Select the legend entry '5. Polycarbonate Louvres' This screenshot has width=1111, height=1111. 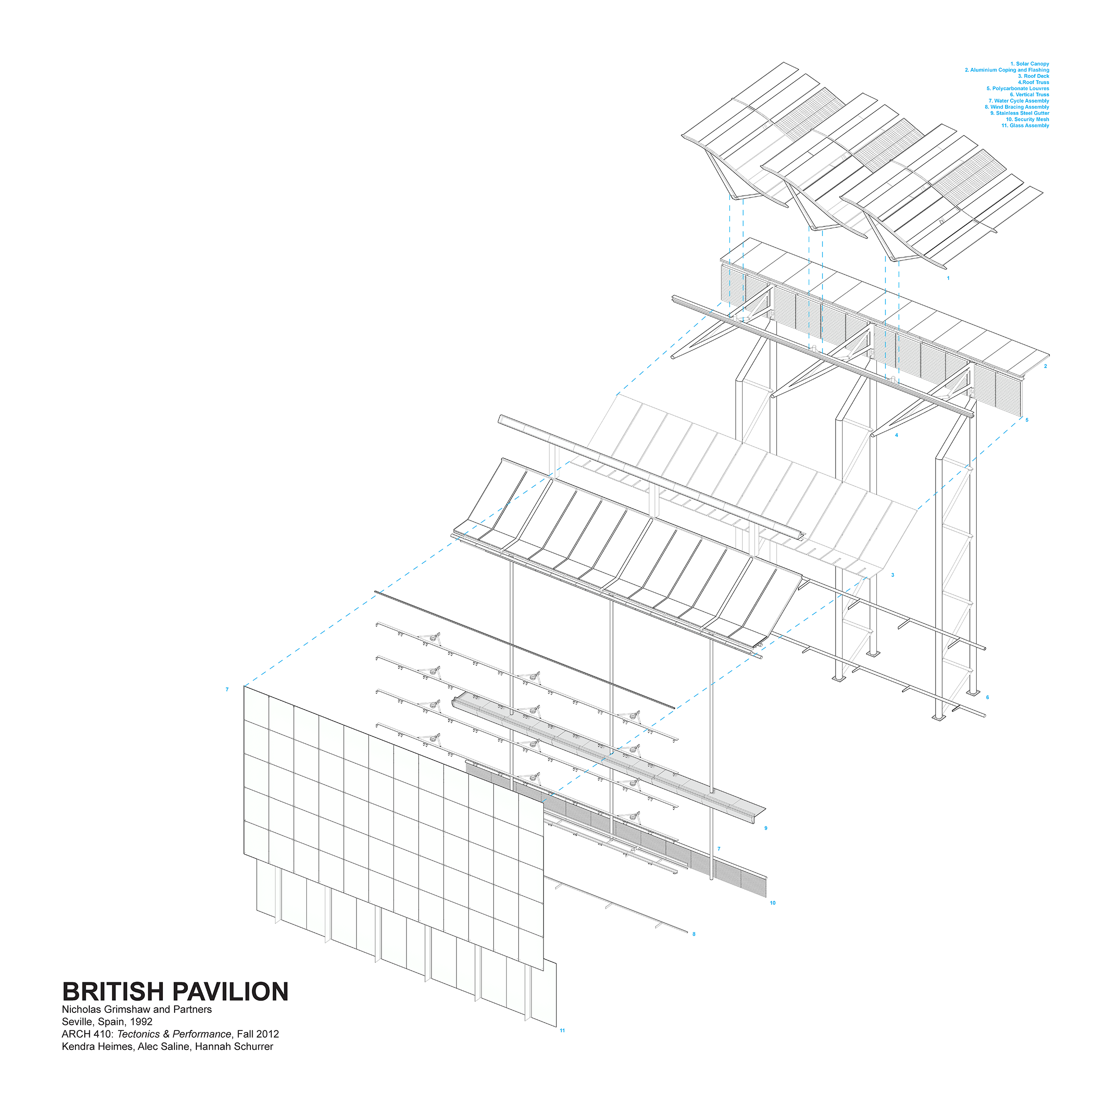click(x=1017, y=88)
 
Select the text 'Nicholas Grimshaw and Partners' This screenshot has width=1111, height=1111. click(x=137, y=1009)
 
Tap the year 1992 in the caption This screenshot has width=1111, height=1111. click(x=142, y=1022)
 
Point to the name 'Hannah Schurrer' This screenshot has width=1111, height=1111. click(x=234, y=1047)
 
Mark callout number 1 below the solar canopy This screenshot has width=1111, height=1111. click(x=948, y=278)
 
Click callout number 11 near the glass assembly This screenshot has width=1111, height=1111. click(x=562, y=1030)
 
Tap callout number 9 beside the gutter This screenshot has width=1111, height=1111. click(x=766, y=828)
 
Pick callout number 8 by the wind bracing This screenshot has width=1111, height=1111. click(x=694, y=934)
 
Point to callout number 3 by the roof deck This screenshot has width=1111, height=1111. click(x=893, y=575)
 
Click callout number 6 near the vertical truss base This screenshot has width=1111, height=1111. click(x=987, y=698)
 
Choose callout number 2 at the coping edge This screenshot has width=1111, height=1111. click(x=1045, y=366)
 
